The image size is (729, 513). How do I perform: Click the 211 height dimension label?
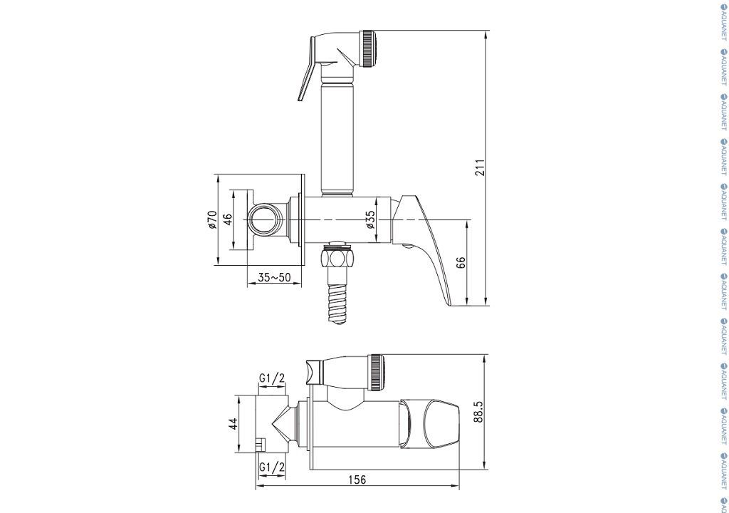click(480, 167)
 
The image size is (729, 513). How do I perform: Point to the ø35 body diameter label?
click(370, 219)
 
